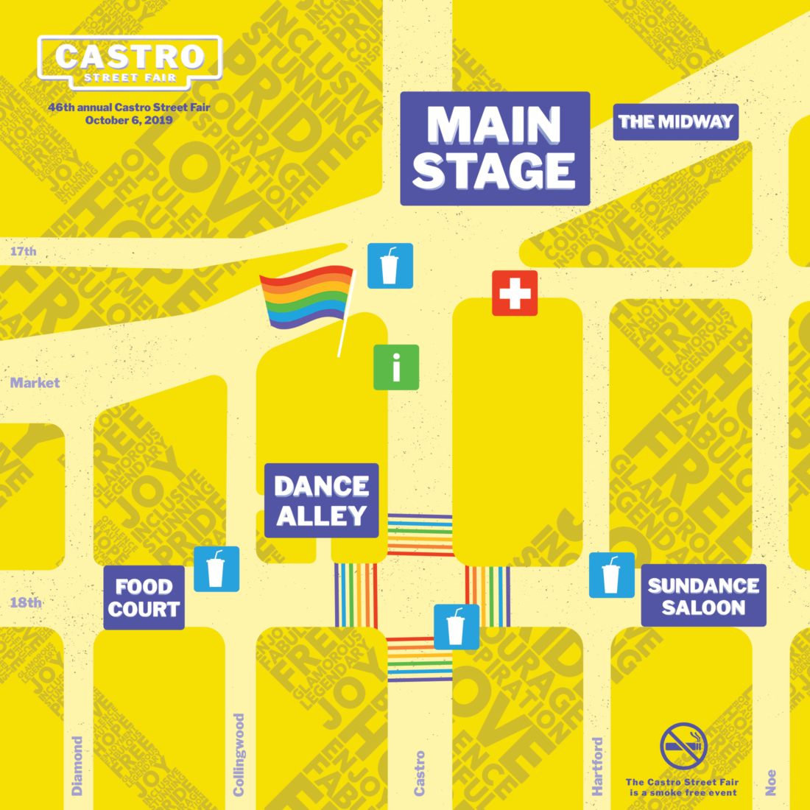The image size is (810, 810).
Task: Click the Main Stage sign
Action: (495, 148)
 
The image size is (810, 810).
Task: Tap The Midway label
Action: (675, 121)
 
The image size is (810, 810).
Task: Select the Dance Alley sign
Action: (322, 501)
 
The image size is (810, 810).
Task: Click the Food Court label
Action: (144, 597)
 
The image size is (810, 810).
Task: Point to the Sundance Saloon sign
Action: (703, 596)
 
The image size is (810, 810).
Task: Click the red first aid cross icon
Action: (515, 293)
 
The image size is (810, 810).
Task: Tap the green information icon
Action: (396, 367)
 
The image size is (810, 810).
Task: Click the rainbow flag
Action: (306, 297)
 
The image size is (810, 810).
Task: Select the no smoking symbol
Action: (683, 746)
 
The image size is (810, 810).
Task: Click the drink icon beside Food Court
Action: (216, 569)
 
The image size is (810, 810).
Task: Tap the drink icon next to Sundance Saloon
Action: (612, 575)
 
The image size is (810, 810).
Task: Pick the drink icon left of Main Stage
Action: (390, 266)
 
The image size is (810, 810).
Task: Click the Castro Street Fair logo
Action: (130, 62)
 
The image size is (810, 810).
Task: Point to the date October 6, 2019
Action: (129, 120)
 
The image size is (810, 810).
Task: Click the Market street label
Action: (35, 383)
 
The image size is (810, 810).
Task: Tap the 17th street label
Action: (23, 251)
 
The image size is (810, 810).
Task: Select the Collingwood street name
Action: (239, 754)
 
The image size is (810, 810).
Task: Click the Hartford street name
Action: (597, 766)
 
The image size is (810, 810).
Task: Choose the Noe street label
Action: (771, 782)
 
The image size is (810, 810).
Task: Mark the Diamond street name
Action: (77, 766)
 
